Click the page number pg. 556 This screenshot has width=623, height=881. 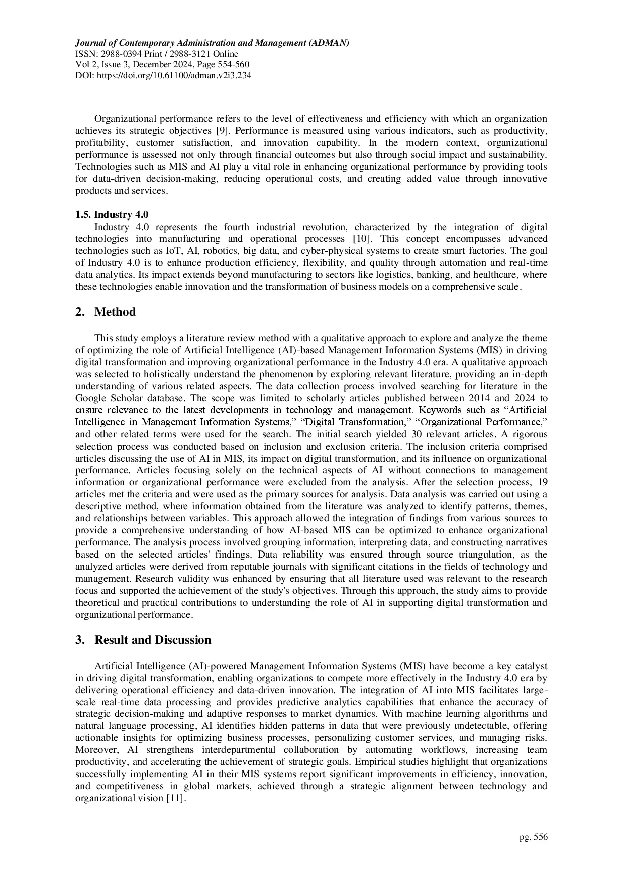coord(534,837)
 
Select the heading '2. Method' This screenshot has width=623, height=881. coord(106,312)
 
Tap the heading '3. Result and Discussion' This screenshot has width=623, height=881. coord(143,640)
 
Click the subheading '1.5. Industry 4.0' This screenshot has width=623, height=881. coord(112,215)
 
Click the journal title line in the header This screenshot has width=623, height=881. coord(212,43)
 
